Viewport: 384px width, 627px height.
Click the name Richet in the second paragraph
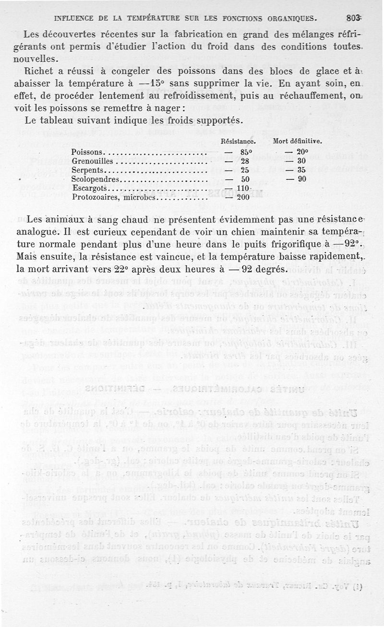39,71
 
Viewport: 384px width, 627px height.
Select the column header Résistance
238,142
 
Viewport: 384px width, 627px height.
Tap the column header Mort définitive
297,142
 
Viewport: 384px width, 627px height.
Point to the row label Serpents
87,170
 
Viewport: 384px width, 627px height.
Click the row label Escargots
89,188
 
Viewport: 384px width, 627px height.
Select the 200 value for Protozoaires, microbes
243,197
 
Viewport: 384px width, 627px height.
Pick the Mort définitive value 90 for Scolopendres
301,179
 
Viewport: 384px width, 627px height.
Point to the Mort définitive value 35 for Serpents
301,170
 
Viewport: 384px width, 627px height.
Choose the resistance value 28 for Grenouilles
244,161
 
